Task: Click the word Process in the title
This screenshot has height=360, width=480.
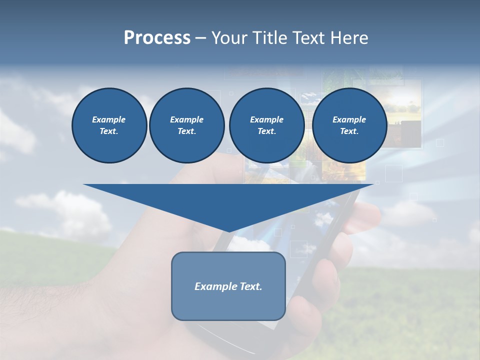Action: pos(157,38)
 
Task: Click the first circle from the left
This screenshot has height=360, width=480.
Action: pos(109,125)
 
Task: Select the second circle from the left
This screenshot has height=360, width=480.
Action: pos(186,125)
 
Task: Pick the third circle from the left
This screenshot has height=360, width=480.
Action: pos(266,125)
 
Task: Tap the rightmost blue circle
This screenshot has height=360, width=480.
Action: pos(349,125)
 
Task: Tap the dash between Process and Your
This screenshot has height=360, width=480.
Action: pos(200,38)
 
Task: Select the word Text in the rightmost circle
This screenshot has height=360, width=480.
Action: pos(349,131)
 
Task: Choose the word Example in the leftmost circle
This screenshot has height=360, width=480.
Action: pos(109,119)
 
